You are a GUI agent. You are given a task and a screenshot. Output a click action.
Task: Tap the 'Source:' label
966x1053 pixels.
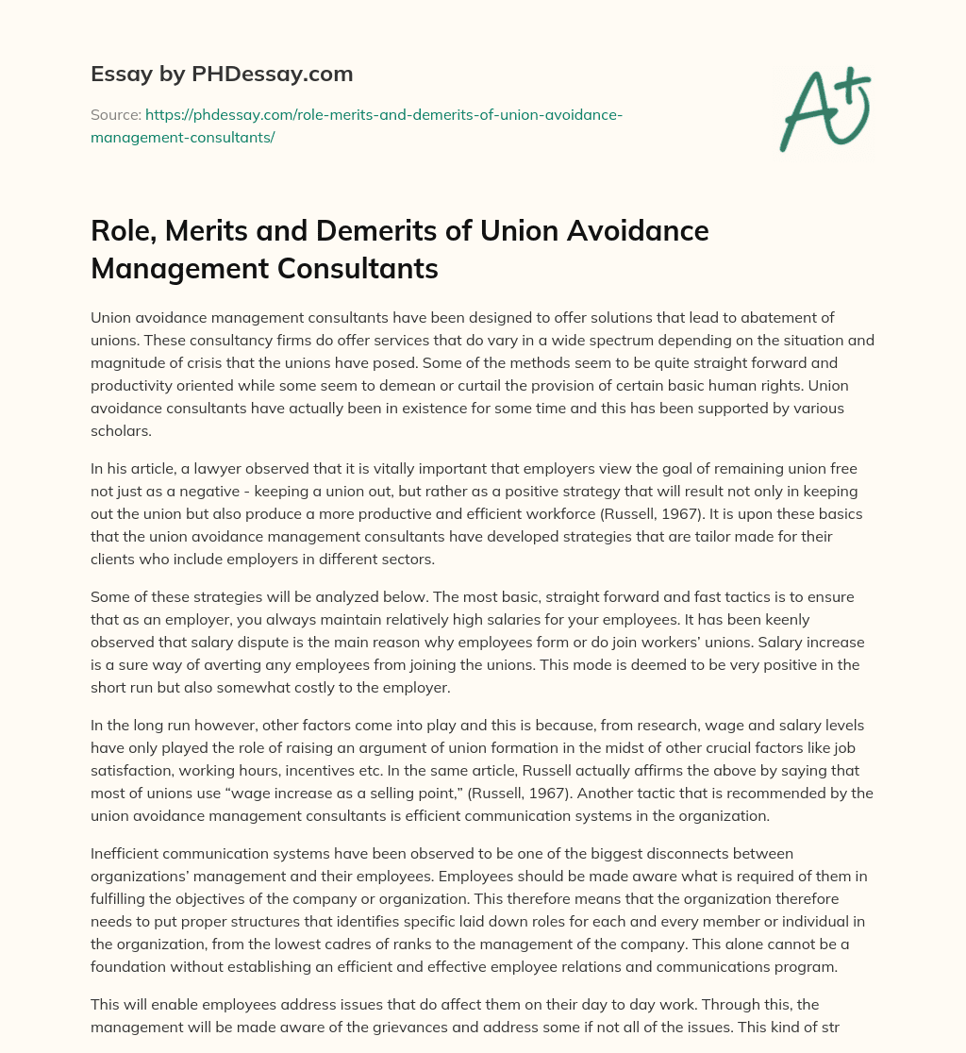click(115, 115)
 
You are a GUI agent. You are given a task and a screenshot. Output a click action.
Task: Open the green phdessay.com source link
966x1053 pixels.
click(358, 125)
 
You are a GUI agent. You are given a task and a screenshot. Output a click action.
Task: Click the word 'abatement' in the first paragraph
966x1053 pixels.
click(763, 318)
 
